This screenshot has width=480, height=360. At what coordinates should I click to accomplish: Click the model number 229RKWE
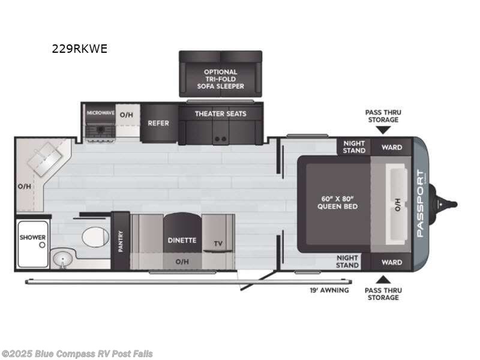[x=80, y=49]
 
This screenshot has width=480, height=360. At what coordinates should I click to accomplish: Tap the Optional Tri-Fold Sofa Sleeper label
[x=220, y=79]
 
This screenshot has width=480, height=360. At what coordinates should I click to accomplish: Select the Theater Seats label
[x=220, y=114]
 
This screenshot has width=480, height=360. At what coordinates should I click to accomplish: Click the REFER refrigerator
[x=158, y=123]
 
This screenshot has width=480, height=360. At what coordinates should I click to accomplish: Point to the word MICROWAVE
[x=100, y=113]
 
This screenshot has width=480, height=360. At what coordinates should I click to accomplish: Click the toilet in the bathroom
[x=95, y=236]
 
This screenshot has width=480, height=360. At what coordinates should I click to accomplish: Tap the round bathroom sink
[x=62, y=259]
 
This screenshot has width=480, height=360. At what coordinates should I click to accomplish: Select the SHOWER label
[x=32, y=237]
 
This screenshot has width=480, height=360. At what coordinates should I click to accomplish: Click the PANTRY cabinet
[x=121, y=241]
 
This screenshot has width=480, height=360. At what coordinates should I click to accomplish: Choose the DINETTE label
[x=182, y=241]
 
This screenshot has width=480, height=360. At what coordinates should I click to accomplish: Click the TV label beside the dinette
[x=218, y=244]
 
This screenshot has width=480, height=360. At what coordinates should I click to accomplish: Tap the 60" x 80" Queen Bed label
[x=337, y=203]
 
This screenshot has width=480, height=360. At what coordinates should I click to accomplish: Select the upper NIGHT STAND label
[x=354, y=147]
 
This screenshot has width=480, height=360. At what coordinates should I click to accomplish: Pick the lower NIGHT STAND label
[x=347, y=262]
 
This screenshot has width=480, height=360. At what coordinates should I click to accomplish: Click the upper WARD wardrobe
[x=392, y=147]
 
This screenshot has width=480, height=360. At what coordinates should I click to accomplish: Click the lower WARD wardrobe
[x=392, y=262]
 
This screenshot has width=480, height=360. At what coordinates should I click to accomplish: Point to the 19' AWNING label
[x=329, y=290]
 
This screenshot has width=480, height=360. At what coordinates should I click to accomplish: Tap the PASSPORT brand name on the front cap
[x=421, y=203]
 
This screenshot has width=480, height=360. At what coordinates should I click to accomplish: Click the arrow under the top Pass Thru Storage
[x=383, y=130]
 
